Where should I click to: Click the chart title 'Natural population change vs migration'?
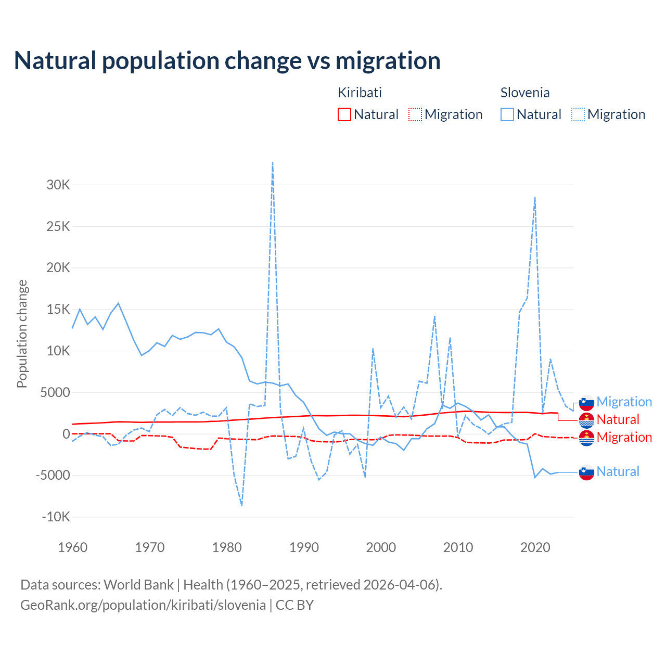227,61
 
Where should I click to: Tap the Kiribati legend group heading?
360,93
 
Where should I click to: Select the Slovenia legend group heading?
524,93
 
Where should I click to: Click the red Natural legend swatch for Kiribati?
344,114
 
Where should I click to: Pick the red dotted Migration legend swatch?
415,114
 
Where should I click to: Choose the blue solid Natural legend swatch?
507,114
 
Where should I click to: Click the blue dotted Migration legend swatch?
578,114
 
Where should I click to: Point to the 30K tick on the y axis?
58,185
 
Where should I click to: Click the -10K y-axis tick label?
56,517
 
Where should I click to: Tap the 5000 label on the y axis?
55,392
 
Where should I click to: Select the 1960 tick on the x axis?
72,547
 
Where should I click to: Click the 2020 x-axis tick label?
535,547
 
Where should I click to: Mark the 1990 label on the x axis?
304,547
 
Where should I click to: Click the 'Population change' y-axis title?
22,334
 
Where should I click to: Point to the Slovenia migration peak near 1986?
273,163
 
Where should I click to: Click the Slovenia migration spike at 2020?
535,198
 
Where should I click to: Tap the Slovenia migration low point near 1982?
242,505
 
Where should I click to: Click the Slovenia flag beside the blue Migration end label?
586,402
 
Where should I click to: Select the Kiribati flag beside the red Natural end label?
586,420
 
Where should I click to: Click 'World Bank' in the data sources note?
138,585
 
